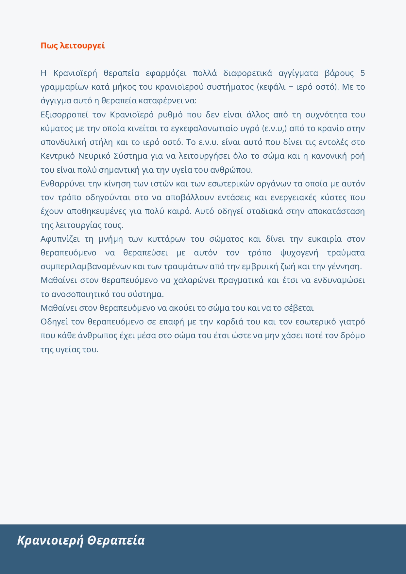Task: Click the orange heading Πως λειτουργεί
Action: point(73,46)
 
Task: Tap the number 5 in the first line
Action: point(362,73)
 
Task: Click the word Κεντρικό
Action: point(57,156)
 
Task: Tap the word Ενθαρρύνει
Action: point(62,184)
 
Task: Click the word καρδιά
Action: point(230,322)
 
